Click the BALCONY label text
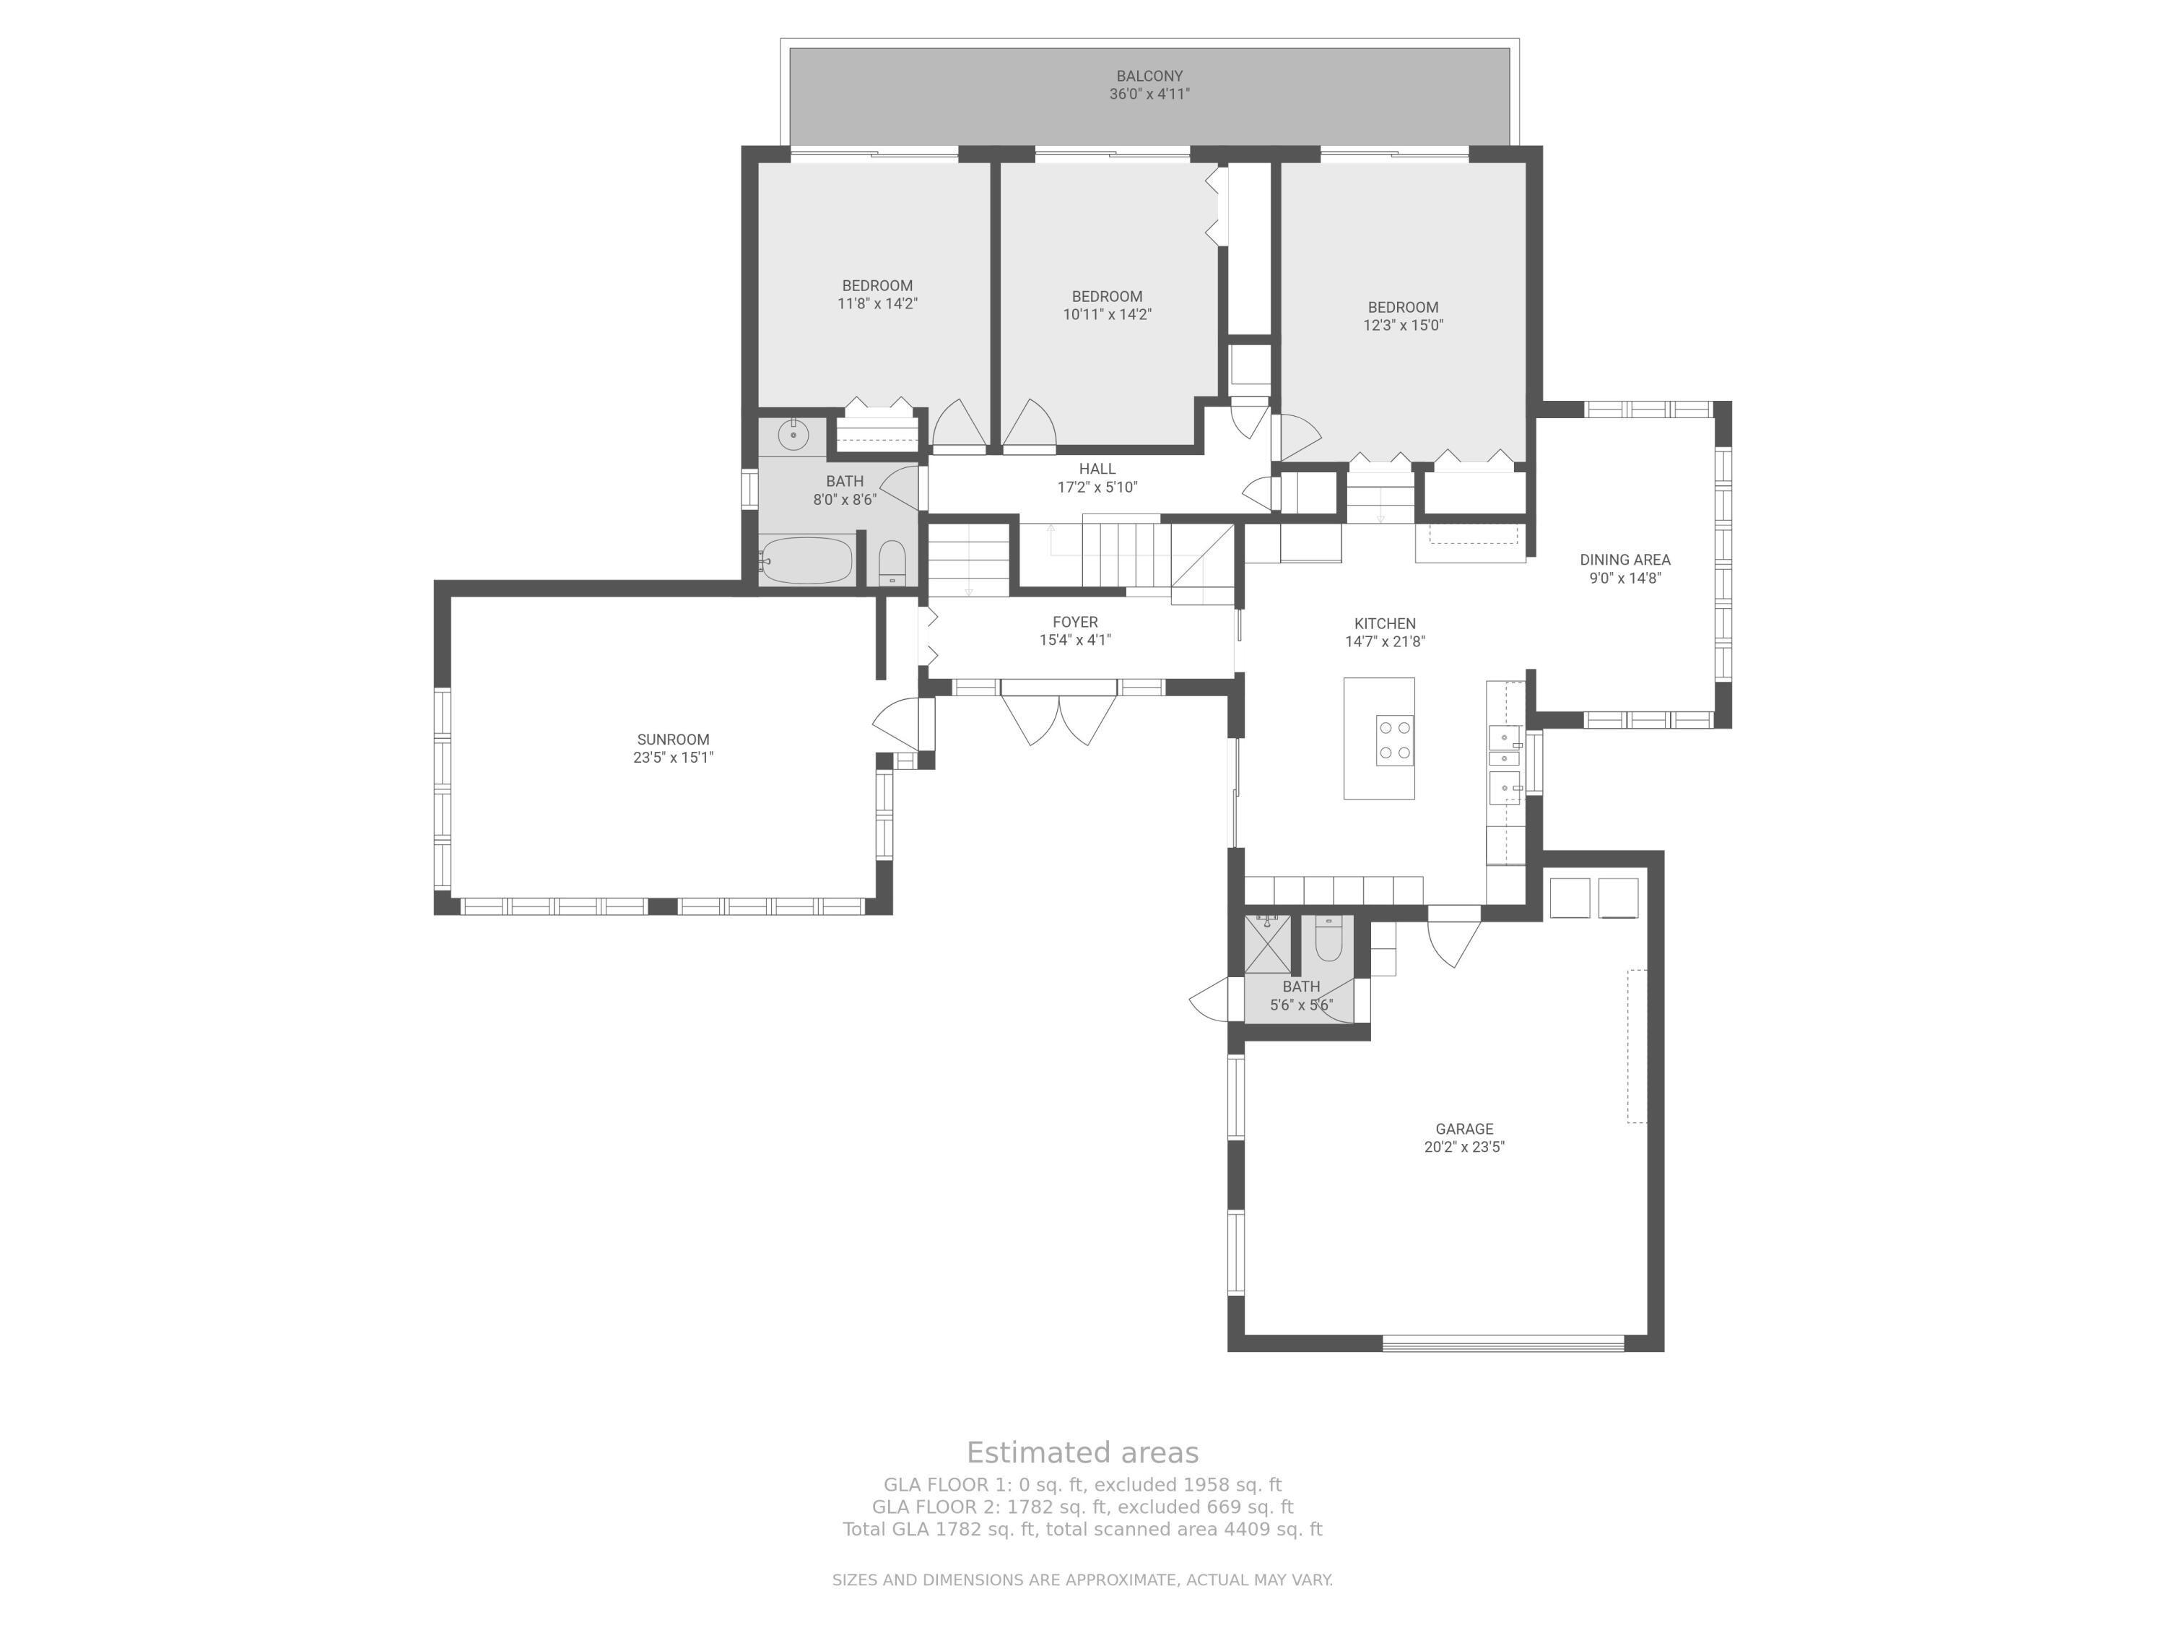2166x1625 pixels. point(1149,75)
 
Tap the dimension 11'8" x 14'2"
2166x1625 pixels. point(877,303)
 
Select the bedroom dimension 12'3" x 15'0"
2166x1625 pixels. point(1403,325)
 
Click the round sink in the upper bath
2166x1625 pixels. point(792,433)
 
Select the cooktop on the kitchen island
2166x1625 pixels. point(1393,740)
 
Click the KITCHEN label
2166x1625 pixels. point(1385,624)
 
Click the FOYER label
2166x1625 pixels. point(1075,622)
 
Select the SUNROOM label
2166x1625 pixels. point(673,740)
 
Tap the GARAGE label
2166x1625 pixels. point(1464,1128)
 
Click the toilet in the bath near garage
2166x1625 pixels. point(1328,938)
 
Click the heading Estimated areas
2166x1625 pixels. point(1082,1452)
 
